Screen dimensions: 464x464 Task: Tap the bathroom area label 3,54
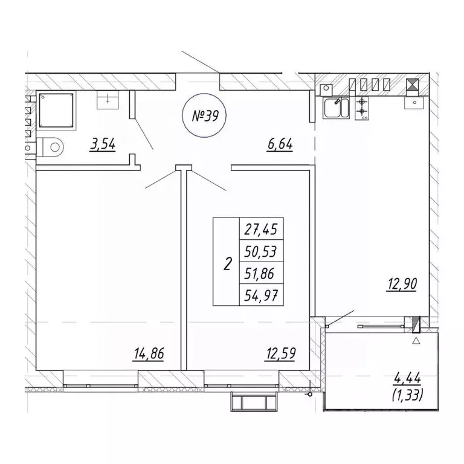click(103, 145)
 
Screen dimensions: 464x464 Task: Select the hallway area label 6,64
click(280, 145)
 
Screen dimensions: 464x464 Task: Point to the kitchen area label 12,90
click(402, 285)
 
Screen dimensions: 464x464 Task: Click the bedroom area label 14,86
click(149, 353)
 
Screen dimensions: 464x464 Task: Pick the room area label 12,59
click(281, 353)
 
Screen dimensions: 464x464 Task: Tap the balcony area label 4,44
click(407, 378)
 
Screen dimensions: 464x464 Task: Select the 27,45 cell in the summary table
click(261, 229)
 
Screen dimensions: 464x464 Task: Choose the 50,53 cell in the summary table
click(261, 251)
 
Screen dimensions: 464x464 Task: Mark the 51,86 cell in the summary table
click(261, 273)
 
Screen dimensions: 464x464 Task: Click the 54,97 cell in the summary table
click(261, 295)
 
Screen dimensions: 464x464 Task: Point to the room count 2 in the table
click(227, 263)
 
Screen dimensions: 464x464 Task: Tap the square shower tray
click(56, 111)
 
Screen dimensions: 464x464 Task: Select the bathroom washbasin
click(108, 100)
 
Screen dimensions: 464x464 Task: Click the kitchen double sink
click(336, 108)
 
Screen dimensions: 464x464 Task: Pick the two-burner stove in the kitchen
click(362, 108)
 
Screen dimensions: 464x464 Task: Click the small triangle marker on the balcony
click(416, 341)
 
